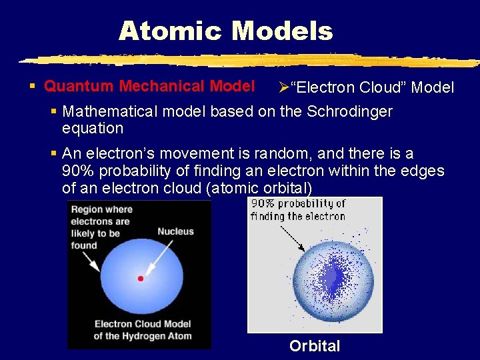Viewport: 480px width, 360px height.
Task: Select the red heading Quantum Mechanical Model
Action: coord(149,86)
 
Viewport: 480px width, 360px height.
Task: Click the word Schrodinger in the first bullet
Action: coord(349,111)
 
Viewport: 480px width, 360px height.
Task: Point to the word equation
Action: coord(93,128)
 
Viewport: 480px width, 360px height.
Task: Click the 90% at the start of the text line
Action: coord(77,171)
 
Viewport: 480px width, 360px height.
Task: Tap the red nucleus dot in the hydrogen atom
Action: coord(140,278)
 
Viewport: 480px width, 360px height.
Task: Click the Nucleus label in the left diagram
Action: coord(175,231)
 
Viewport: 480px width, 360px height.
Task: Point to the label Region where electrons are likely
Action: coord(101,227)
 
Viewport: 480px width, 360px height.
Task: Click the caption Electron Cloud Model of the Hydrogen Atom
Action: coord(142,330)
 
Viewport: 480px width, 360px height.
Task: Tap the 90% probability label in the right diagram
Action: coord(298,209)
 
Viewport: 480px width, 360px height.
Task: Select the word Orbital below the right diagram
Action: coord(315,346)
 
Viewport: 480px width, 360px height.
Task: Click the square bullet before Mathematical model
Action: coord(55,111)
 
